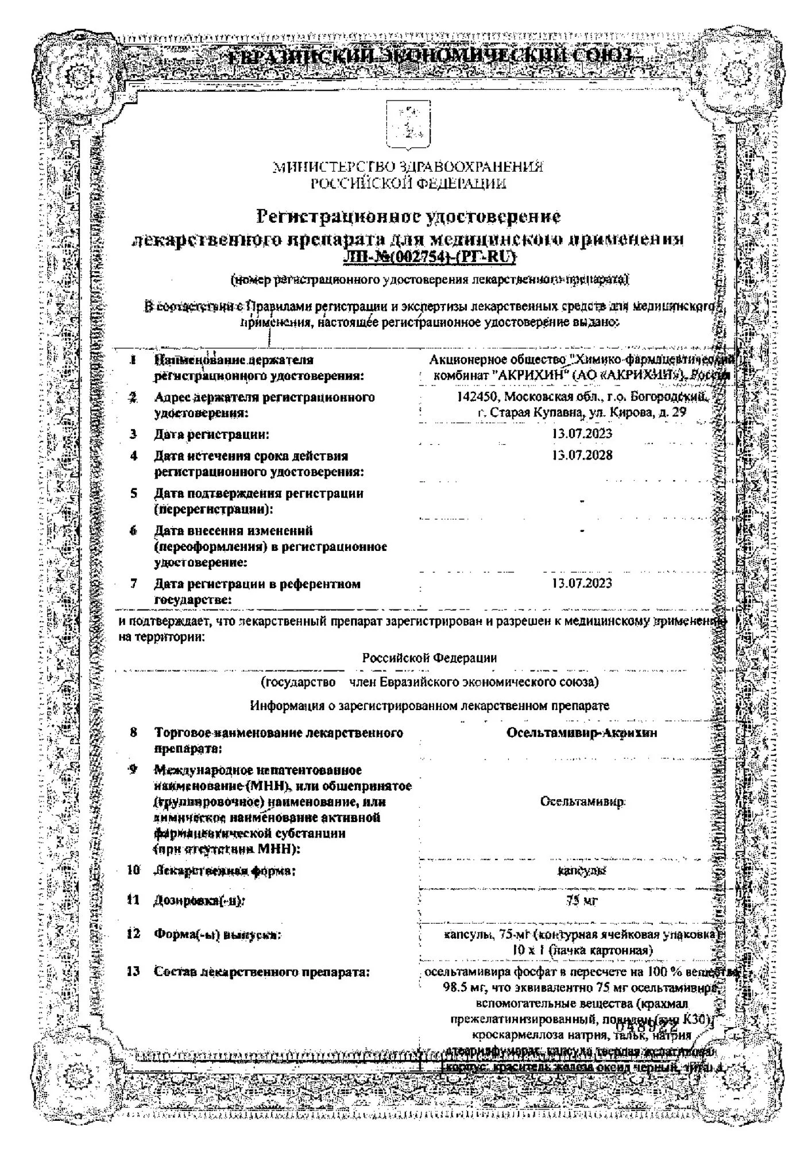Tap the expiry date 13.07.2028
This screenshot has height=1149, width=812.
coord(582,455)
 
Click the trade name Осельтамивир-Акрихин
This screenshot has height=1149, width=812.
coord(582,732)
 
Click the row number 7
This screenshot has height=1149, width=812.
coord(133,584)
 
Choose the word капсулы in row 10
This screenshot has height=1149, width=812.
coord(582,871)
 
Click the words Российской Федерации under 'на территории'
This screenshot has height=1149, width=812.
coord(430,658)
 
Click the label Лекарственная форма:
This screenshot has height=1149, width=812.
coord(225,871)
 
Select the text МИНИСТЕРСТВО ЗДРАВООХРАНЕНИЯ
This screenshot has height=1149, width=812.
coord(408,167)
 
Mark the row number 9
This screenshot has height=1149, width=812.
coord(133,770)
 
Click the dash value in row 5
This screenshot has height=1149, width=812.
coord(582,501)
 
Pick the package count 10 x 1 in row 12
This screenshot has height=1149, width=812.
coord(528,950)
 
